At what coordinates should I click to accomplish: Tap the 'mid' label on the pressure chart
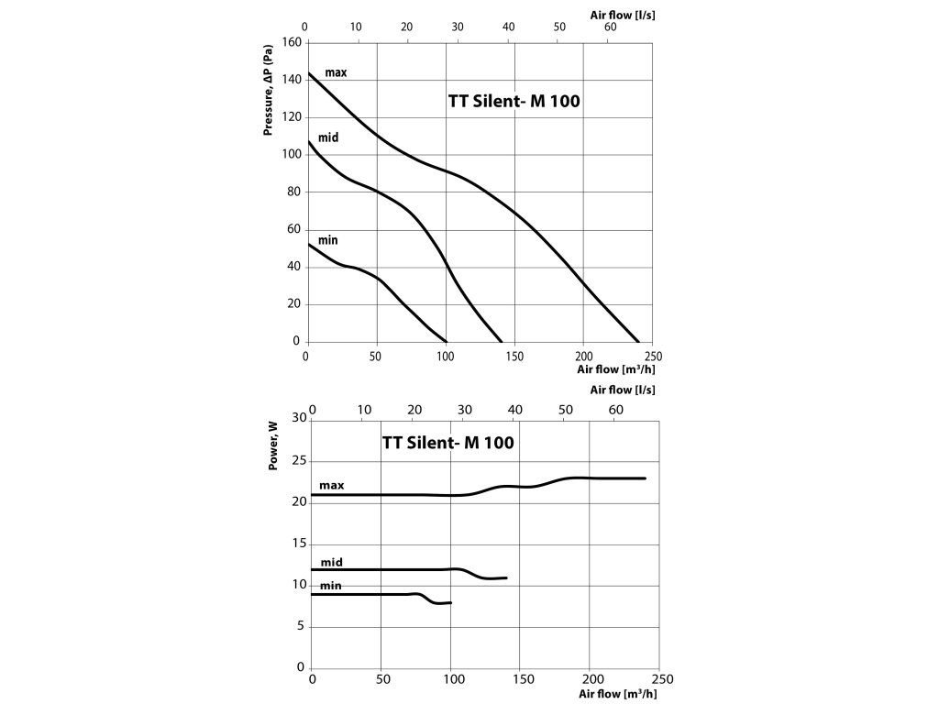pos(329,137)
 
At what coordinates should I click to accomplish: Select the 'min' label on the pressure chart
pos(328,240)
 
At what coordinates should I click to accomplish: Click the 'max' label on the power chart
pos(331,485)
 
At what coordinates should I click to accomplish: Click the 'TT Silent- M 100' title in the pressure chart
pos(514,102)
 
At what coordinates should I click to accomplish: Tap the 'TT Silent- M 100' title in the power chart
pos(447,443)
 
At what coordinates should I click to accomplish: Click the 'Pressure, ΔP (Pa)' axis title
pos(269,93)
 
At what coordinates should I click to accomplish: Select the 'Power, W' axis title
pos(273,446)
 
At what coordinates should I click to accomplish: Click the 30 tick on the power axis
pos(299,418)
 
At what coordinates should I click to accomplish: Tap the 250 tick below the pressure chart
pos(653,356)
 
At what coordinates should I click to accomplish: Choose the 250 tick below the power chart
pos(661,680)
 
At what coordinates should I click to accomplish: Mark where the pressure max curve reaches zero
pos(639,342)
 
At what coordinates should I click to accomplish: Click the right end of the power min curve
pos(451,602)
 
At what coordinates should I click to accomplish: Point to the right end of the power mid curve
pos(506,577)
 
